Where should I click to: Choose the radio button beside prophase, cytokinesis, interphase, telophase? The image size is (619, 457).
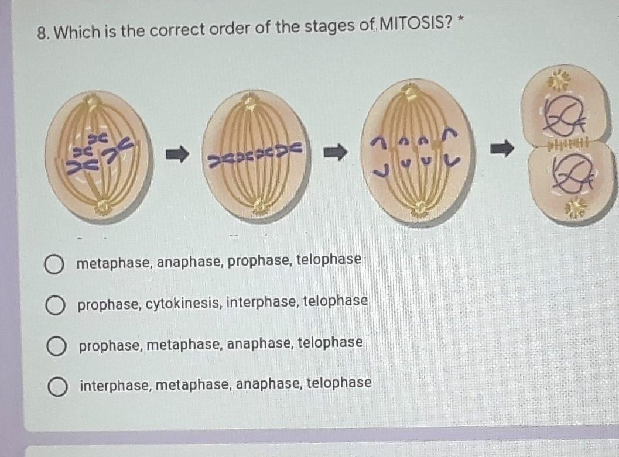point(55,305)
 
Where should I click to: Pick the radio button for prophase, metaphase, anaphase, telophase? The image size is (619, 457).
point(56,346)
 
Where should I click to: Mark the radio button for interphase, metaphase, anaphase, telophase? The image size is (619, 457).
point(57,386)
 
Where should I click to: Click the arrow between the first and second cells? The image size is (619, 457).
point(177,155)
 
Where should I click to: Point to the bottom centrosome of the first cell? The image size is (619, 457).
point(104,205)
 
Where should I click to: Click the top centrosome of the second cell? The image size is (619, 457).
point(251,104)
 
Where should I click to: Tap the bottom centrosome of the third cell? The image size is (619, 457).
point(419,208)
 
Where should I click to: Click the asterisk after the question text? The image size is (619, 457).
point(461,22)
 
